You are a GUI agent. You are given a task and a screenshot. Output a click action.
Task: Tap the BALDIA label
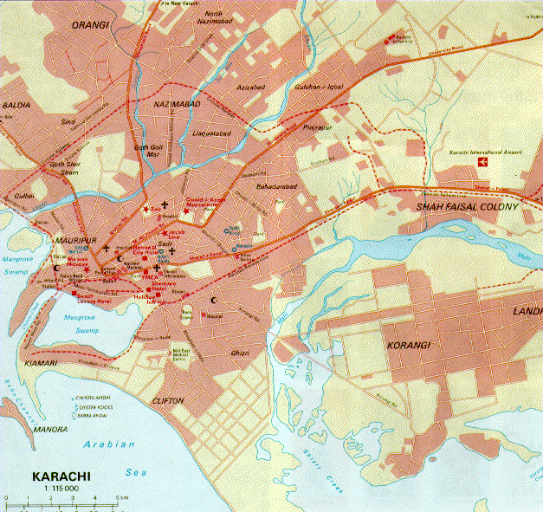pyautogui.click(x=16, y=105)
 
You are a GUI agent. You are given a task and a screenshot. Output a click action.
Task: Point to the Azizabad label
pyautogui.click(x=250, y=87)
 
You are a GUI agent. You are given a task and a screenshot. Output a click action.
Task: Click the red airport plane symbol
pyautogui.click(x=482, y=162)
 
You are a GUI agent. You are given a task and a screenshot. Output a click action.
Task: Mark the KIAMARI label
pyautogui.click(x=41, y=361)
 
